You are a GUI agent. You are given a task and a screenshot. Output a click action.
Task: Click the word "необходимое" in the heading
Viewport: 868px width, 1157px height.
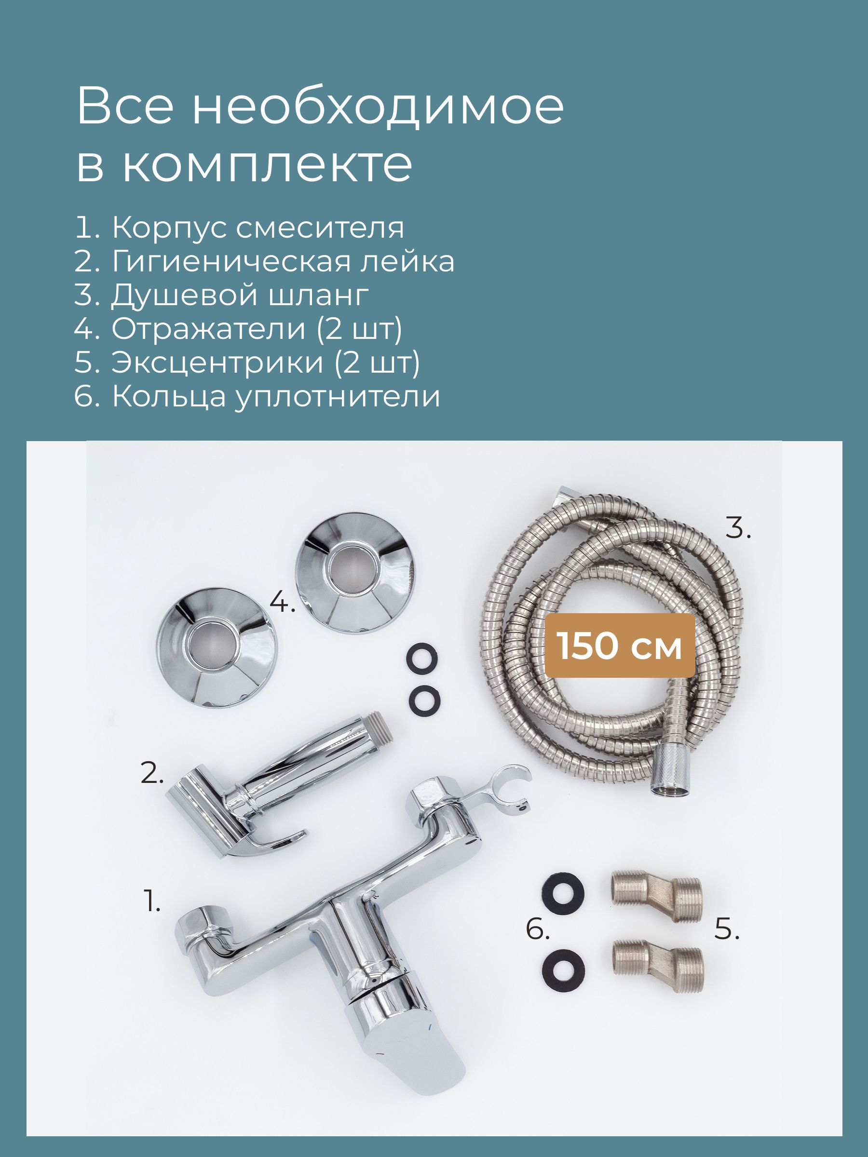click(378, 107)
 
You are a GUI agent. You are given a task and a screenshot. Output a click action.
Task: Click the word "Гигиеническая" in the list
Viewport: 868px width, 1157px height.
click(231, 262)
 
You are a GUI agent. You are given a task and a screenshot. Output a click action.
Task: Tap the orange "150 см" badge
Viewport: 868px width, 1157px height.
click(620, 646)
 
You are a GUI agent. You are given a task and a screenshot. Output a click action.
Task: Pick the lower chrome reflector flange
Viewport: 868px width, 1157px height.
click(217, 647)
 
